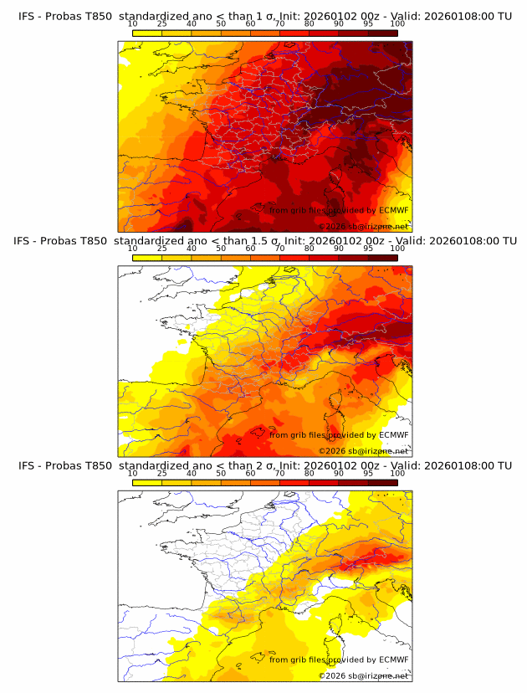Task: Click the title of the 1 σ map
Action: coord(264,16)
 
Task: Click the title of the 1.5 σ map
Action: coord(264,241)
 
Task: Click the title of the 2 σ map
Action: coord(264,465)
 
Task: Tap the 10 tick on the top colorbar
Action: coord(133,23)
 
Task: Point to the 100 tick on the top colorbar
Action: coord(397,23)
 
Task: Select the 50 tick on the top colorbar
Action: coord(221,23)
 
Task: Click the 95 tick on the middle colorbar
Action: coord(368,249)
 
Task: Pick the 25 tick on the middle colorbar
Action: coord(162,249)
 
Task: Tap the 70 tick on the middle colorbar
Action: coord(280,249)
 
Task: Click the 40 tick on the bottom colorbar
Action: coord(192,473)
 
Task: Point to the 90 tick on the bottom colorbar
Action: coord(339,473)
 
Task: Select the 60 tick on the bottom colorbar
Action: coord(251,473)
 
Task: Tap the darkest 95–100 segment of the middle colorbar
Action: coord(383,258)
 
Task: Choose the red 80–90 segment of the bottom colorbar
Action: coord(325,483)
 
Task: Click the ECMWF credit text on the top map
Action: coord(339,210)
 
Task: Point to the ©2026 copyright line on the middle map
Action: coord(363,451)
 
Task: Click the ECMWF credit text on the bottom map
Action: coord(339,660)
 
